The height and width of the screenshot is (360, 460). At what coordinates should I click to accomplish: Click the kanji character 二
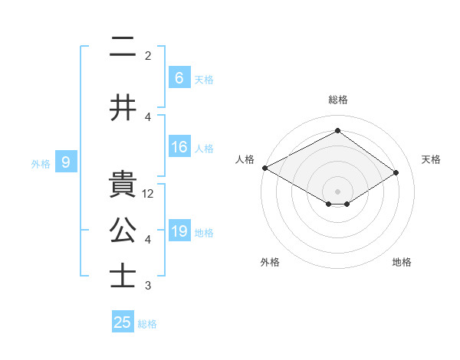pos(123,49)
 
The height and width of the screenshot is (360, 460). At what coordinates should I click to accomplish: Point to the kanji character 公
pos(123,231)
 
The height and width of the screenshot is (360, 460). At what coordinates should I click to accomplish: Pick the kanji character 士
pos(123,275)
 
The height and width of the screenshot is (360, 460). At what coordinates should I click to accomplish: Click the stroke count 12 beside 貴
pos(149,194)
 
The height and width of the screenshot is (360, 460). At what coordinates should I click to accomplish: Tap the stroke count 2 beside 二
pos(148,56)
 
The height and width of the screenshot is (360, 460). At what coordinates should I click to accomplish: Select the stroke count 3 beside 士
pos(148,286)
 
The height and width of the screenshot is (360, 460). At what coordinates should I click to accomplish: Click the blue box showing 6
pos(179,77)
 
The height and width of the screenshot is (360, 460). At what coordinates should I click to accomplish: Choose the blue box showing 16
pos(179,147)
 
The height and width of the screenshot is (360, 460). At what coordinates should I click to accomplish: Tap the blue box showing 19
pos(179,231)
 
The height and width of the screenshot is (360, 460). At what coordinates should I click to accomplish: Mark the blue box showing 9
pos(66,162)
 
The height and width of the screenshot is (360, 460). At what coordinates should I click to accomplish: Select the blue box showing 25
pos(123,322)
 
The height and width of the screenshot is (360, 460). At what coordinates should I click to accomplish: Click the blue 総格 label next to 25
pos(147,324)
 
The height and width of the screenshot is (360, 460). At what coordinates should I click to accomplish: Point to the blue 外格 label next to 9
pos(41,163)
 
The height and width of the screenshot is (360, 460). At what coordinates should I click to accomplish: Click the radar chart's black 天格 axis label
pos(431,159)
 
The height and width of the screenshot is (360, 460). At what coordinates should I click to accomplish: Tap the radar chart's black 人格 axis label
pos(245,159)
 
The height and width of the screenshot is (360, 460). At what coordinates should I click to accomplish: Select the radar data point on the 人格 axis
pos(264,168)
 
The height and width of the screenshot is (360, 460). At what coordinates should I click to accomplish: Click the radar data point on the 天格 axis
pos(396,172)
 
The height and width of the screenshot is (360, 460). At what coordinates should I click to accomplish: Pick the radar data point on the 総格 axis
pos(337,131)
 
